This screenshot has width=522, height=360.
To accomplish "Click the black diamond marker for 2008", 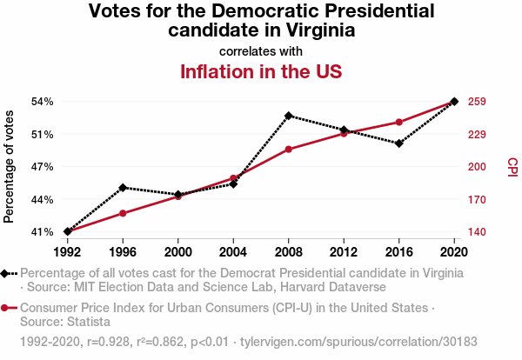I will coord(289,116).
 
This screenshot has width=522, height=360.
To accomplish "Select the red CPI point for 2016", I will coord(399,122).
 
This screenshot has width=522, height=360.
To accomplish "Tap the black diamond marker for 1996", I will coord(123,187).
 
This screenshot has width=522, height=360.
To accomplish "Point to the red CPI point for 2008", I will coord(289,149).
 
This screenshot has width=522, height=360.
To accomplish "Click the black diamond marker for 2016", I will coord(399,143).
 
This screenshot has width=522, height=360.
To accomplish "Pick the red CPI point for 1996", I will coord(123,213).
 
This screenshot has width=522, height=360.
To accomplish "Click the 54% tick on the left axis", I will coord(42,102).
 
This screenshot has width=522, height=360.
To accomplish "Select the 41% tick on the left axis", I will coord(42,232).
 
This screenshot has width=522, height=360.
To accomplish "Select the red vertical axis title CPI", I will coord(512,166).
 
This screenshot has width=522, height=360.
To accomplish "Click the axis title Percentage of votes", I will coord(10,167).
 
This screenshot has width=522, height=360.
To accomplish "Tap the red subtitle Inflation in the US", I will coord(260,71).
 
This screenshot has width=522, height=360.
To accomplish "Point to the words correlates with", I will coord(260,51).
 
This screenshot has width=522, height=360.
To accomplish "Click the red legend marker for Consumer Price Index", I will coord(5,308).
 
